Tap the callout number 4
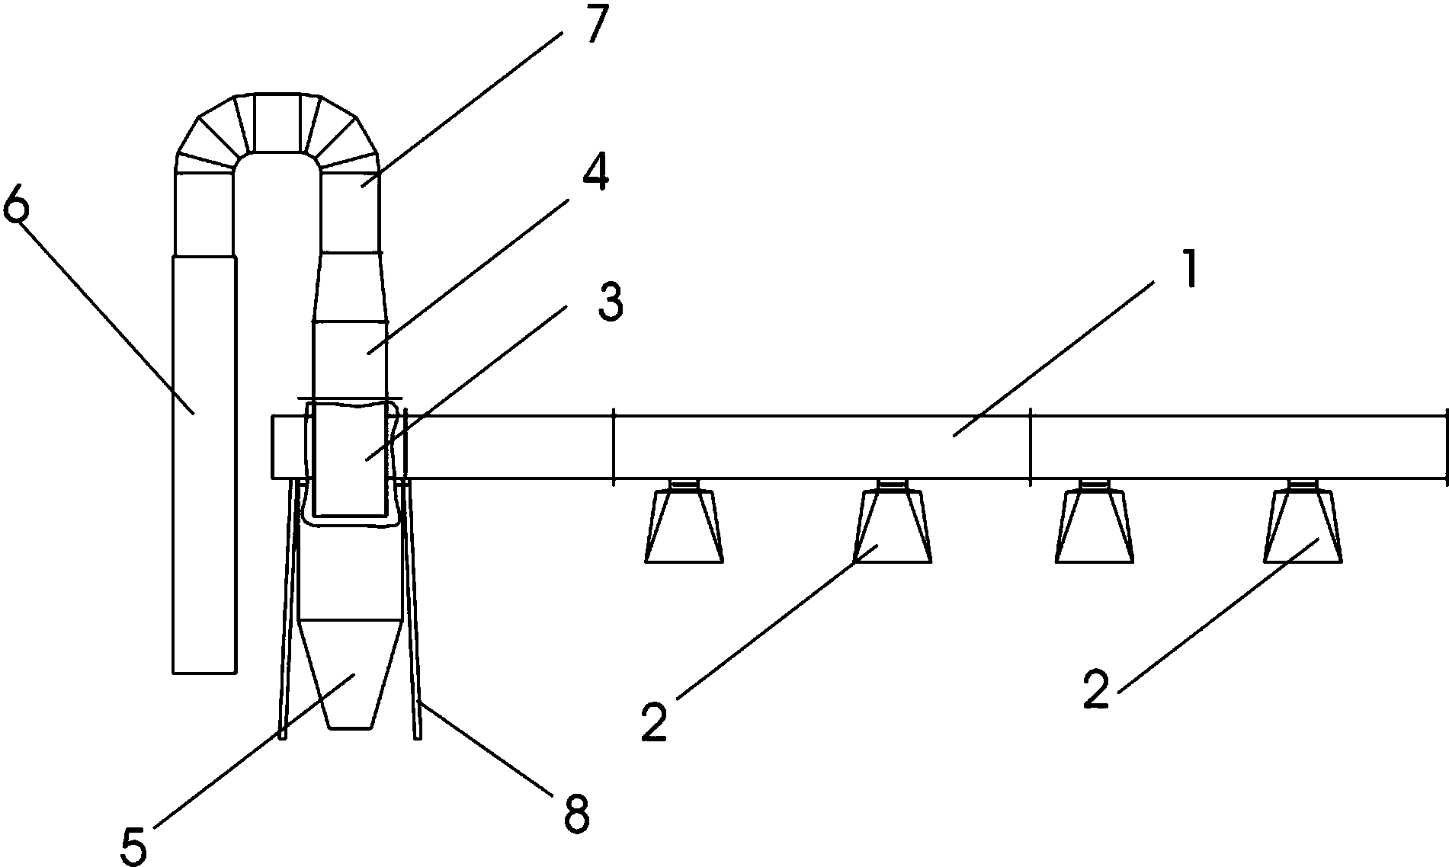(x=595, y=174)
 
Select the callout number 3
(x=609, y=303)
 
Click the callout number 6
(x=16, y=203)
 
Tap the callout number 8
(x=575, y=816)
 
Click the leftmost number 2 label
(x=653, y=721)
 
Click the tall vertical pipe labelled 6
(x=203, y=465)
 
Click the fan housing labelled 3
(x=351, y=457)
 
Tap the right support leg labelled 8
(x=412, y=609)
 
